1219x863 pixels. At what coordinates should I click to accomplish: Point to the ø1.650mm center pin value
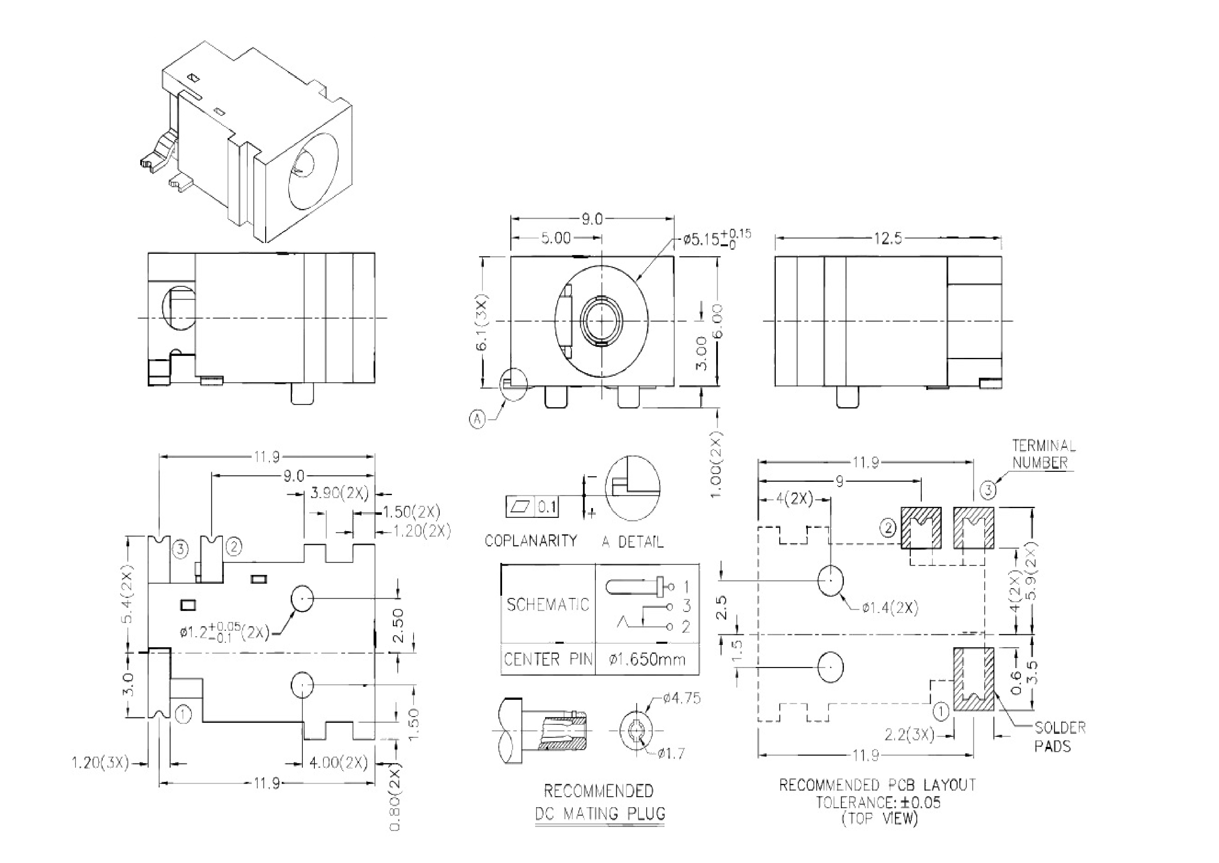(647, 660)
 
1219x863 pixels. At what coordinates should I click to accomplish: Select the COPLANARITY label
(531, 541)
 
